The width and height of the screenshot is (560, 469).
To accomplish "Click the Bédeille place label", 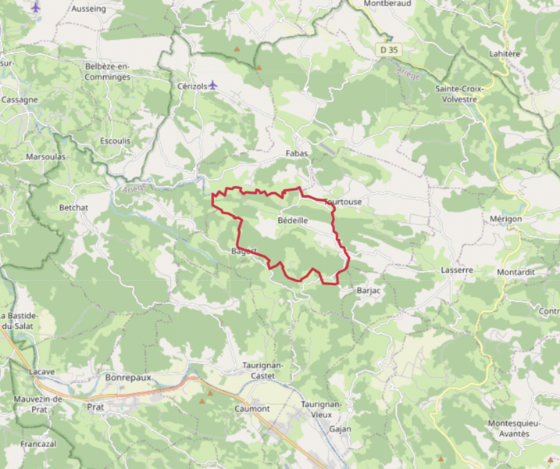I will tap(293, 222).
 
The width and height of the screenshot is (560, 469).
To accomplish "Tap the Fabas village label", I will tap(298, 153).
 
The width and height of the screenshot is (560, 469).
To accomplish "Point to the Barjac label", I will tap(368, 291).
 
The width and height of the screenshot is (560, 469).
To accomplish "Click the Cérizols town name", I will tap(191, 86).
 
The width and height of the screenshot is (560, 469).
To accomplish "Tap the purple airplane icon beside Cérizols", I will tap(213, 85).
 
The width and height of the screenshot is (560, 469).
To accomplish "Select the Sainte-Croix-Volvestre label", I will tap(460, 94).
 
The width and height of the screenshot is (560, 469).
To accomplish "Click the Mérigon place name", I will tap(505, 219).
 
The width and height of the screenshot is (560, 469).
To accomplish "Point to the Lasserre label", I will tap(457, 270).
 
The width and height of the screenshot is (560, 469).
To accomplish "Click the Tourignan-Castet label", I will tap(262, 370).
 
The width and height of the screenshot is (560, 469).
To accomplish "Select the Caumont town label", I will tap(252, 409).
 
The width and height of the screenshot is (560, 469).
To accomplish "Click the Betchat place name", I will tap(74, 208).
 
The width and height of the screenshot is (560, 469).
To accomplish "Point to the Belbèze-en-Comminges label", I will tap(107, 71).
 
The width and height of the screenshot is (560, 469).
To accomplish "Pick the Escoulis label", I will tap(116, 141).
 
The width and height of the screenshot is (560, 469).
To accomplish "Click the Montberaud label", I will tap(387, 4).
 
